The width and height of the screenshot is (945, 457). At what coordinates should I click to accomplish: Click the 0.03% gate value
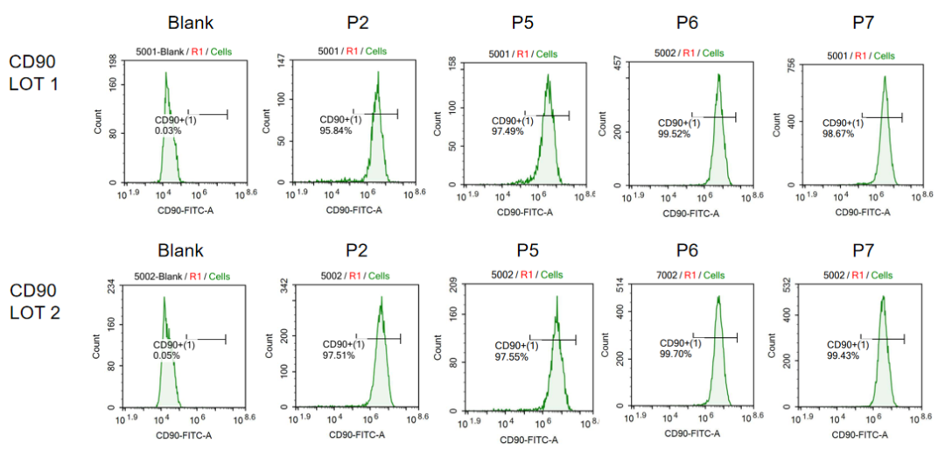click(168, 130)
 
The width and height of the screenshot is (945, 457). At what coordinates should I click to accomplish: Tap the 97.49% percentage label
click(507, 131)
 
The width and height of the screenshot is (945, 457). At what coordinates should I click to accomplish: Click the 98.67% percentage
click(837, 133)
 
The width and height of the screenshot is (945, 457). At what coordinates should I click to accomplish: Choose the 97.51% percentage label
click(339, 355)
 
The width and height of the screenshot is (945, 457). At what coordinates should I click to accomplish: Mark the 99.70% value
click(675, 354)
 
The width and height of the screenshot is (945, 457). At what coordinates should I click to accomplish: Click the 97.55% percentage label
click(510, 357)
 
